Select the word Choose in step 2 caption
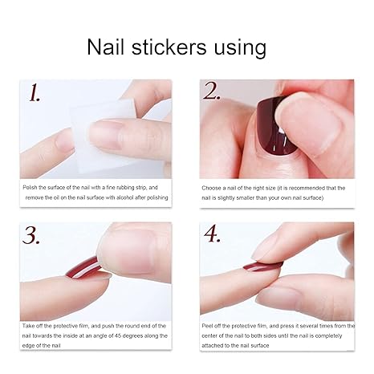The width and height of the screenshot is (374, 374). pos(211,188)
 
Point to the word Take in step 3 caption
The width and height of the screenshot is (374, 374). pos(29,325)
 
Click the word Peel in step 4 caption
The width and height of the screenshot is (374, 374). pos(208,325)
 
